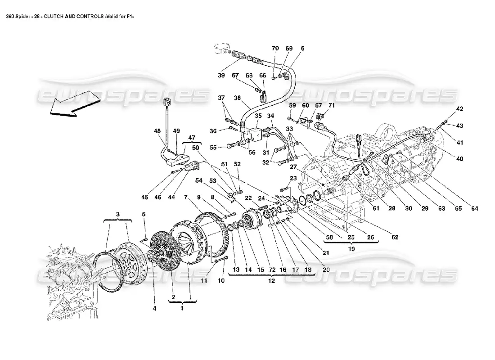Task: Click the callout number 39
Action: [221, 76]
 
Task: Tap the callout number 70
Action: [275, 48]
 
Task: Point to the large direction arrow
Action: [75, 102]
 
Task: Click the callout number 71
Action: [332, 105]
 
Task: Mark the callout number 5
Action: [144, 214]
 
